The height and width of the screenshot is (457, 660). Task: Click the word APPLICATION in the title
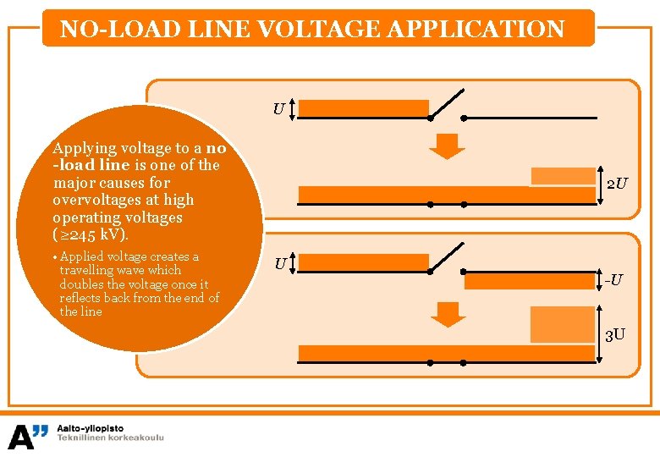[475, 30]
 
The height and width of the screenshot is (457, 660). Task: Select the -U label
[614, 278]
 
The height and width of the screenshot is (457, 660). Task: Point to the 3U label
[615, 334]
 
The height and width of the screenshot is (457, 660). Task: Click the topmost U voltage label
[278, 109]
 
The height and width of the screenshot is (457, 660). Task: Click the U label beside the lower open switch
[280, 264]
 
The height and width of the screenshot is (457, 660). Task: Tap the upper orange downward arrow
[447, 146]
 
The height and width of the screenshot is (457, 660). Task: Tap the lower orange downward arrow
[448, 314]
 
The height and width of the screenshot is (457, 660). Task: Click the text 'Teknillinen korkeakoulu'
[110, 438]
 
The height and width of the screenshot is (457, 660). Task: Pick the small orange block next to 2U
[563, 176]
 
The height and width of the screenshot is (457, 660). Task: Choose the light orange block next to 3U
[563, 323]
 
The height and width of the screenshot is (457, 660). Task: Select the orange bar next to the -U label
[530, 280]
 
